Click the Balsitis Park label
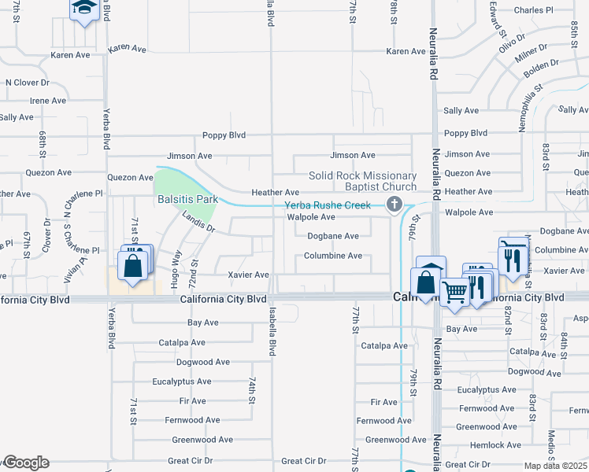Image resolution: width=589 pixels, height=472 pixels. tap(186, 201)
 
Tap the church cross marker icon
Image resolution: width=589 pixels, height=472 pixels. tap(395, 205)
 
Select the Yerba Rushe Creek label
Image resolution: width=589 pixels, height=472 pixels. tap(328, 205)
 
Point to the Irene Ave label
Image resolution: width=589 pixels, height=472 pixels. tap(48, 101)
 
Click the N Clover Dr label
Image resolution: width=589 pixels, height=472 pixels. tap(28, 82)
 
